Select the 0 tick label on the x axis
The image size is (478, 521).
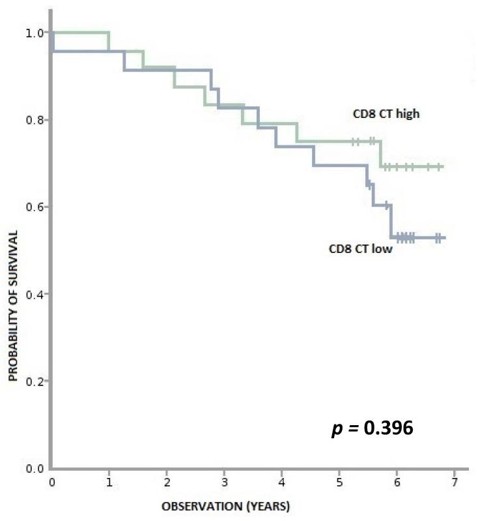point(51,482)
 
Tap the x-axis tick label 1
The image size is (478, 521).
point(109,482)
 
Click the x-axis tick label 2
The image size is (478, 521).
point(167,482)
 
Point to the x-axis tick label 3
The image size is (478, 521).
point(224,482)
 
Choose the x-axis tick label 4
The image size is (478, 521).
point(282,482)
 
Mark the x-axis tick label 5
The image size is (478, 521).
point(339,482)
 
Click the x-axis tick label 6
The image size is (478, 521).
point(397,482)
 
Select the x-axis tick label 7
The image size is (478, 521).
point(454,482)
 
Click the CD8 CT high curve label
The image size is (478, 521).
point(382,114)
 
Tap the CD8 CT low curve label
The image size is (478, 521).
point(361,248)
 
